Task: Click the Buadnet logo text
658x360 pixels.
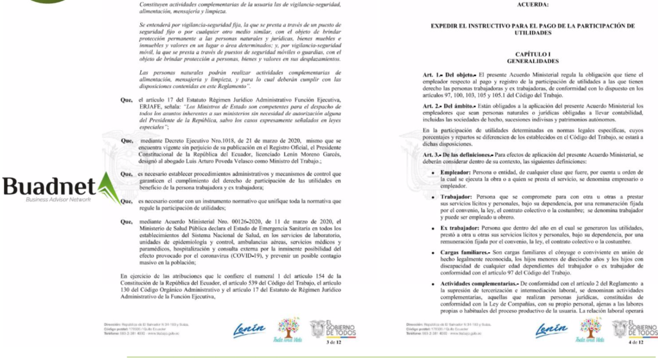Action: [48, 188]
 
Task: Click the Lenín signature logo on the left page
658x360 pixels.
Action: [248, 328]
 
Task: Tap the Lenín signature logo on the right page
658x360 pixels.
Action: [551, 328]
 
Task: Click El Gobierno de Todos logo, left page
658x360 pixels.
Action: [330, 329]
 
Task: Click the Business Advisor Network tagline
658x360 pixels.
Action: [58, 200]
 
